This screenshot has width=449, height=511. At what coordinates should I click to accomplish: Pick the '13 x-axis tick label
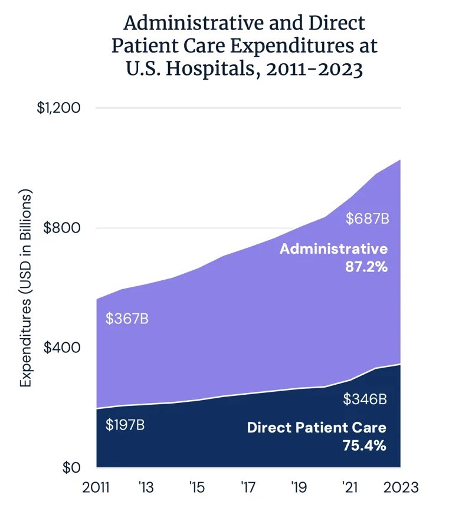(146, 487)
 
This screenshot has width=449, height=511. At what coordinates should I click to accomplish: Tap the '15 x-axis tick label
(197, 487)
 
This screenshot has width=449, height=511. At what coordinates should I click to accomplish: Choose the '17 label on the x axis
(248, 487)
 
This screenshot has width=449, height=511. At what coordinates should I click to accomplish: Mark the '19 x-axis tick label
(299, 487)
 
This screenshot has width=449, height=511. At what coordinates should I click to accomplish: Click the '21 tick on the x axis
(349, 487)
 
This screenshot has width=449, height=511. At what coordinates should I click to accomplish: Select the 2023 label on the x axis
(401, 487)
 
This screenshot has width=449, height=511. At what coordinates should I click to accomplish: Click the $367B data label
(127, 319)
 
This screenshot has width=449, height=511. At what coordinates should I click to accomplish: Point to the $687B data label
(367, 220)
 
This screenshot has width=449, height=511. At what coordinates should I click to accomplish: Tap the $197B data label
(125, 424)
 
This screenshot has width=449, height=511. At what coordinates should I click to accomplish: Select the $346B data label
(365, 399)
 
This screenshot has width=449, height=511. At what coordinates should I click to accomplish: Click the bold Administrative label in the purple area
(333, 248)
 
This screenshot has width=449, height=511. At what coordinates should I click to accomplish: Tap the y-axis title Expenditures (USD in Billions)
(25, 289)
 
